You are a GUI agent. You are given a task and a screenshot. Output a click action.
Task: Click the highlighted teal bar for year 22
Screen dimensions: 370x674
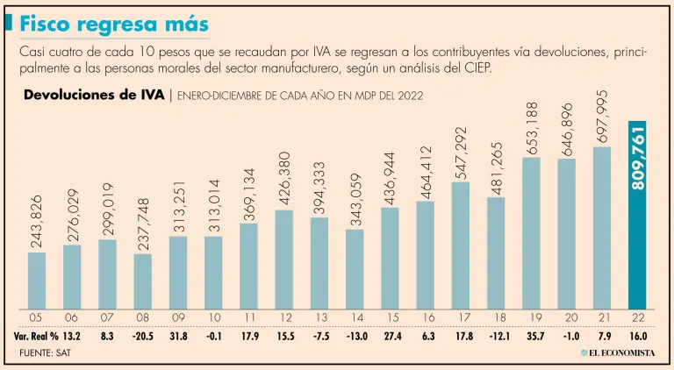pyautogui.click(x=637, y=214)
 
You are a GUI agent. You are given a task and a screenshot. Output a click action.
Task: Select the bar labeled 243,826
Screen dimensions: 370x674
pyautogui.click(x=37, y=280)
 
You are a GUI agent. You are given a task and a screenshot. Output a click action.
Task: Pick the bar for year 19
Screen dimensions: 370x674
pyautogui.click(x=531, y=232)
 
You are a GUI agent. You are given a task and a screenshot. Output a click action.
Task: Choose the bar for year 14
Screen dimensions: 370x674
pyautogui.click(x=355, y=268)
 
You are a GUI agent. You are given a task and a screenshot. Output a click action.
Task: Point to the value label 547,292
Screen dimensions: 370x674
pyautogui.click(x=461, y=151)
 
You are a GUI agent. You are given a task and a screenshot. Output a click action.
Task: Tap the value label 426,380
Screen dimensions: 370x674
pyautogui.click(x=284, y=178)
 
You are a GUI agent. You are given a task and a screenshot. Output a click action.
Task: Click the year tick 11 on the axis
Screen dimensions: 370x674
pyautogui.click(x=248, y=318)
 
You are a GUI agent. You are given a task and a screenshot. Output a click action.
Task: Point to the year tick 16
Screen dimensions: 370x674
pyautogui.click(x=426, y=318)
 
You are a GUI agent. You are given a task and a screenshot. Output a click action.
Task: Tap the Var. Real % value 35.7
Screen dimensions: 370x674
pyautogui.click(x=532, y=336)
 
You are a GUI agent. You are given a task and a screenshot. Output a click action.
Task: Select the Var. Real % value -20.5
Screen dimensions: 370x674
pyautogui.click(x=143, y=336)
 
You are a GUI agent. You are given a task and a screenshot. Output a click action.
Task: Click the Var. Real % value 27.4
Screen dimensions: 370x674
pyautogui.click(x=391, y=336)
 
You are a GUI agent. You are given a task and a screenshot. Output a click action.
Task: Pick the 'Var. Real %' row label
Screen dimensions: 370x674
pyautogui.click(x=34, y=336)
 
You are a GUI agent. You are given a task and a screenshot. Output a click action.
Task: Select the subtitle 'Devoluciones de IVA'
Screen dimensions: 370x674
pyautogui.click(x=93, y=95)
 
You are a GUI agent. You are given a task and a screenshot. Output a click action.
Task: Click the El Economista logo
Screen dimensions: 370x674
pyautogui.click(x=618, y=352)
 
